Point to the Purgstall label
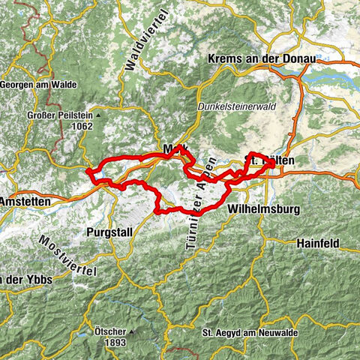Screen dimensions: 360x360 coord(109,232)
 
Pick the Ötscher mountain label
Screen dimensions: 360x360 coord(108,330)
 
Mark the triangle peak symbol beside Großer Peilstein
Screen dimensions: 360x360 coord(98,116)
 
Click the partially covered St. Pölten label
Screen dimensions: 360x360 coord(270,160)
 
